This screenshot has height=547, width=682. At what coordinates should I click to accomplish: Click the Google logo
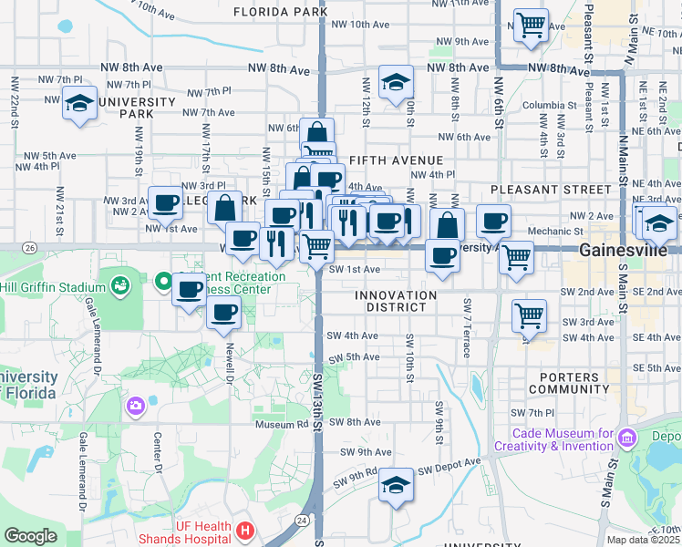click(x=30, y=536)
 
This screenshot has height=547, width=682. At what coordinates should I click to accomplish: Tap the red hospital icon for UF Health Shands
click(x=244, y=530)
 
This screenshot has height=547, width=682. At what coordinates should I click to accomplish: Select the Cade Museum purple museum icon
click(x=625, y=439)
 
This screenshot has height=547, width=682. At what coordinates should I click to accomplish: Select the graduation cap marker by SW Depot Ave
click(x=396, y=482)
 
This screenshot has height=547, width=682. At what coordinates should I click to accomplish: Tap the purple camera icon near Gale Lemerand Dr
click(x=136, y=405)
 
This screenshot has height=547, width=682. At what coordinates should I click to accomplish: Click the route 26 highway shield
click(x=30, y=248)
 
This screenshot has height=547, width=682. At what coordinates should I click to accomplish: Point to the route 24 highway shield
click(x=301, y=519)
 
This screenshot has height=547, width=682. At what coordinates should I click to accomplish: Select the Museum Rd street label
click(x=281, y=424)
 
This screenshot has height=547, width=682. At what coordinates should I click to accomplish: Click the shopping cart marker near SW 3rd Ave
click(x=529, y=315)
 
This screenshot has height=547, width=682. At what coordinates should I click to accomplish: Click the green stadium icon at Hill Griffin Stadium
click(x=119, y=286)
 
